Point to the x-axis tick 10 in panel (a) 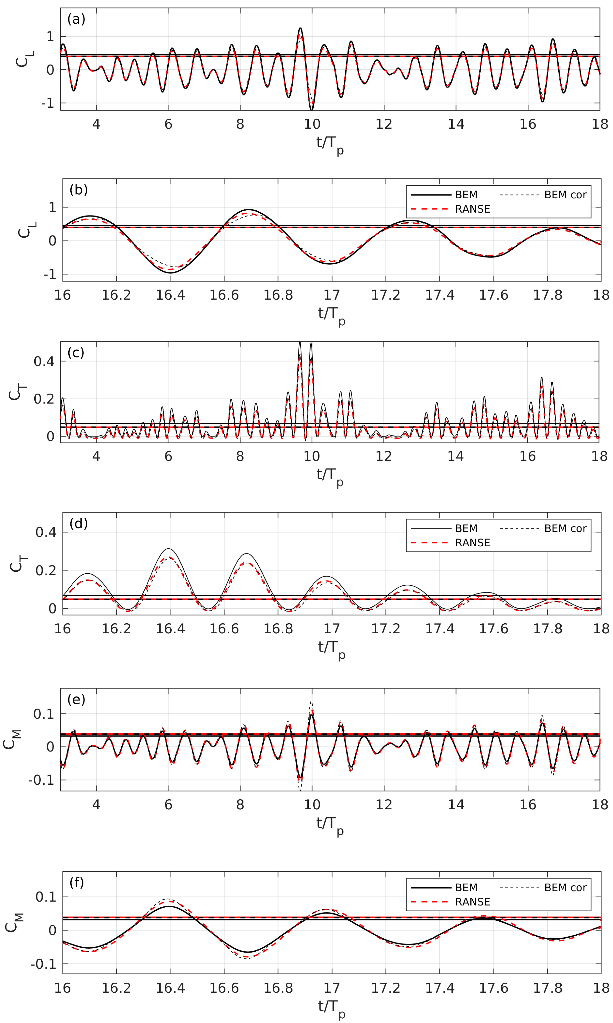(312, 124)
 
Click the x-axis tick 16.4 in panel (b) (170, 295)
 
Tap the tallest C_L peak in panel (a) (300, 28)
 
